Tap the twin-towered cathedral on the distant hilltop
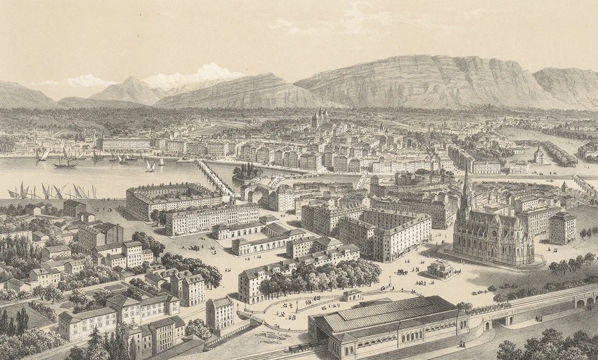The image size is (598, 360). click(319, 118)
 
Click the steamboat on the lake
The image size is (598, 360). click(65, 163)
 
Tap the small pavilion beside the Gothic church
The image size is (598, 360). click(441, 269)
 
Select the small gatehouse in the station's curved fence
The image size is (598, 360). click(352, 295)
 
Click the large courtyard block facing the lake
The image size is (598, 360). click(167, 199)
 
